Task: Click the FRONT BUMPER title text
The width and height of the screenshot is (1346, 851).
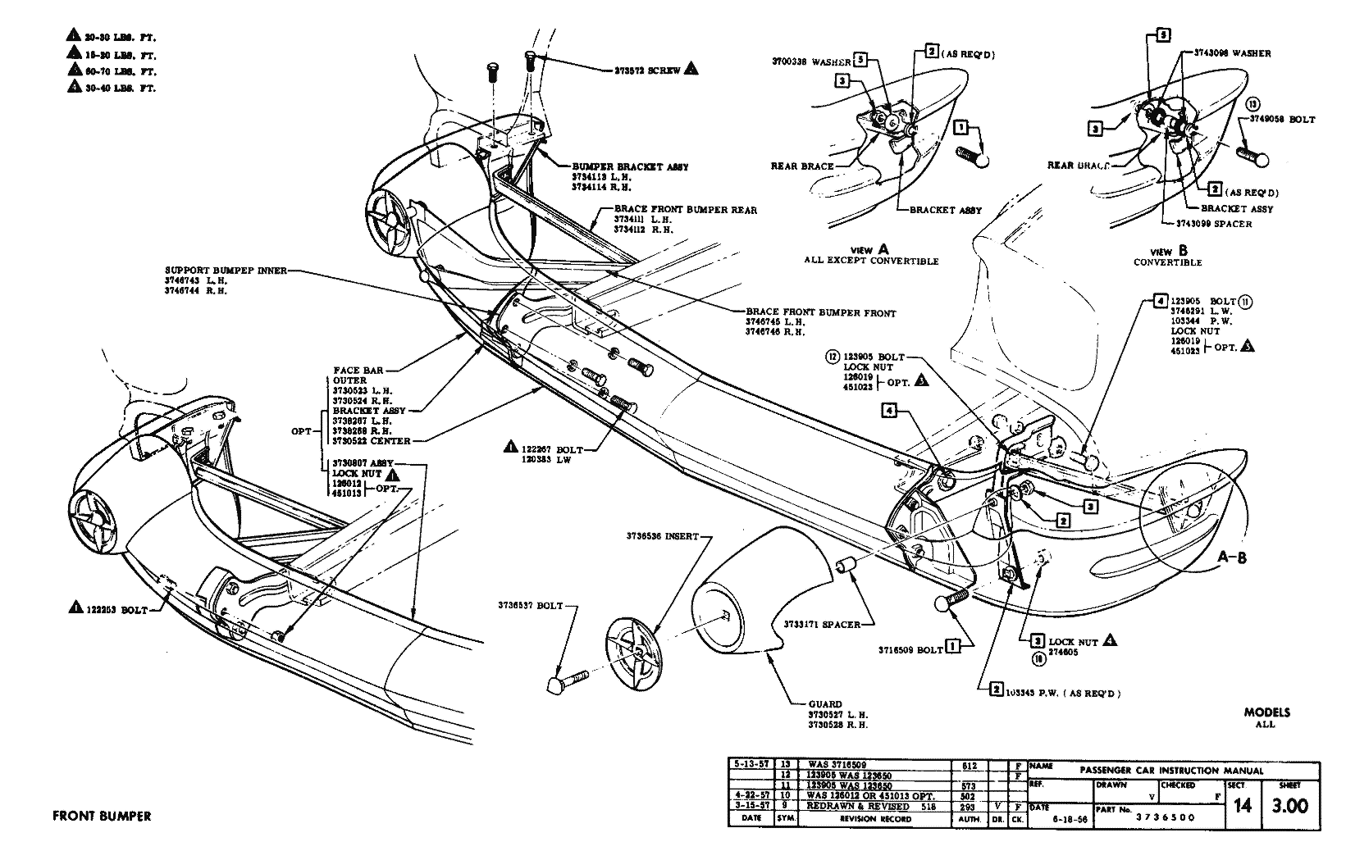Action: click(x=102, y=816)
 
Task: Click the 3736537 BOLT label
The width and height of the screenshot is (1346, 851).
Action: click(x=530, y=606)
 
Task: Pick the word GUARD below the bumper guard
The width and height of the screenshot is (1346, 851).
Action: click(x=825, y=704)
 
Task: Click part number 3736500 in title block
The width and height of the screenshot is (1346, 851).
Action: click(x=1165, y=817)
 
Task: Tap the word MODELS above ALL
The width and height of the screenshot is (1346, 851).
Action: click(x=1266, y=712)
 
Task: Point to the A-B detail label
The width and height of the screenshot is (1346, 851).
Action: click(x=1232, y=557)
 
